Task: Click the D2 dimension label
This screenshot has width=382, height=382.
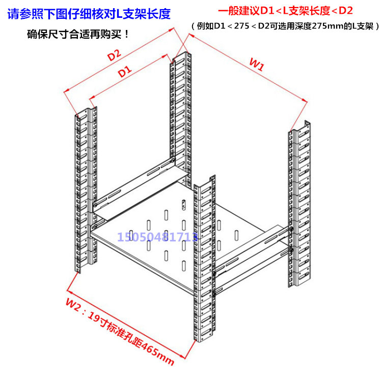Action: pos(114,54)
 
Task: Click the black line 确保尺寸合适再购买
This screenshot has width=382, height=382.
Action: pos(79,35)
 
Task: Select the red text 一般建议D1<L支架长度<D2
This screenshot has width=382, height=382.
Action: pos(285,11)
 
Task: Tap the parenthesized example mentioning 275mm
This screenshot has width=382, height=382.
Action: pos(285,25)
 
